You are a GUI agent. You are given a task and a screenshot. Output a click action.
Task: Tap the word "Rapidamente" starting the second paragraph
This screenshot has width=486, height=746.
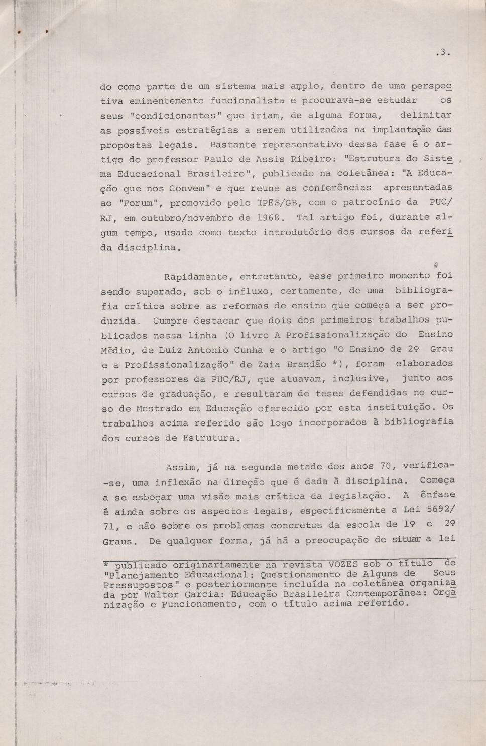tap(196, 276)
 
